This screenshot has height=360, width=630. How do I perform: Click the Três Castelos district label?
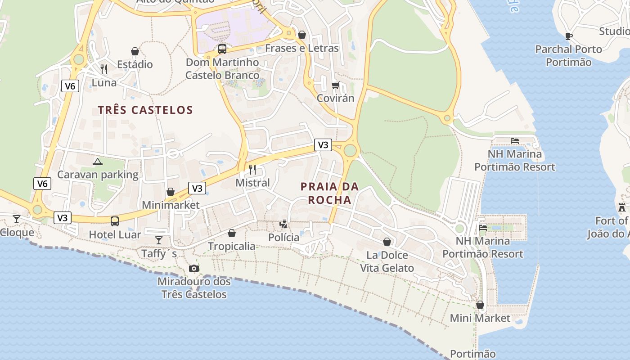coord(145,110)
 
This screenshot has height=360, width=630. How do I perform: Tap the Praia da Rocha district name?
coord(329,193)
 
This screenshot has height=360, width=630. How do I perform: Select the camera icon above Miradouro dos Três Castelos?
coord(194,268)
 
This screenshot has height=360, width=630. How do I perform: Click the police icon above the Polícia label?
coord(283,224)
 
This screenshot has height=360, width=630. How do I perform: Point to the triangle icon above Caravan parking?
coord(97,162)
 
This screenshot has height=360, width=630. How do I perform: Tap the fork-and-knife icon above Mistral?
coord(252,169)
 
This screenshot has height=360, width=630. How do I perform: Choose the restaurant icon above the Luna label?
coord(104,69)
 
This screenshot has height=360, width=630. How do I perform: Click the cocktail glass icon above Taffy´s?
coord(159,240)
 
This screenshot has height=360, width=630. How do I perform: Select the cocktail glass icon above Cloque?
coord(17,219)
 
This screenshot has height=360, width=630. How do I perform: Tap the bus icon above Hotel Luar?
coord(115,221)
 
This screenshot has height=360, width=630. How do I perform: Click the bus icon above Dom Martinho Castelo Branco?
coord(222,49)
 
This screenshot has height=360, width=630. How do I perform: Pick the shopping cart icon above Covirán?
coord(335,85)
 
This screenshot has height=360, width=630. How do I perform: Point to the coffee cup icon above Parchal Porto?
coord(569,36)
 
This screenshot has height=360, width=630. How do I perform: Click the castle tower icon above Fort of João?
coord(622,207)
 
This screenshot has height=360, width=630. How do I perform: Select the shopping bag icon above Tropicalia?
coord(232,233)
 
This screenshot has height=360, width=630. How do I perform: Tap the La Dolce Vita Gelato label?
coord(387,261)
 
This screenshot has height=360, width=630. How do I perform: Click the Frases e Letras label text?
coord(302,48)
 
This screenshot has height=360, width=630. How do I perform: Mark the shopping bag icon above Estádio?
coord(135,51)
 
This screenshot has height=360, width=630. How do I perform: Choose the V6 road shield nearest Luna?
coord(70,86)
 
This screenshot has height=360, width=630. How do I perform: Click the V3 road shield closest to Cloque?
coord(63,218)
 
